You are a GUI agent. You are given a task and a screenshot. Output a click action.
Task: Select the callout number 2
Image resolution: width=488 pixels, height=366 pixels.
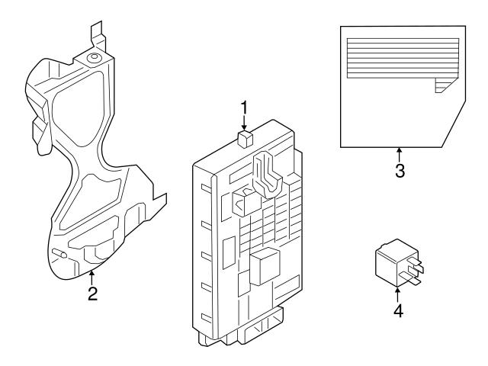click(92, 294)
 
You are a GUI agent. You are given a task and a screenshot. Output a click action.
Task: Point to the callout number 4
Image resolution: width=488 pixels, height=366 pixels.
click(396, 311)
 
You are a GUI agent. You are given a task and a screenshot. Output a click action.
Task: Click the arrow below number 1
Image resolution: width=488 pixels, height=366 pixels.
click(244, 124)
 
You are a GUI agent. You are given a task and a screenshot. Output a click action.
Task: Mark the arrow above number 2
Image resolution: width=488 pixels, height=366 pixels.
click(92, 276)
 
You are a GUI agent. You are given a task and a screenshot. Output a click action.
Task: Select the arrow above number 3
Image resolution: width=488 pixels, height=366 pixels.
click(400, 152)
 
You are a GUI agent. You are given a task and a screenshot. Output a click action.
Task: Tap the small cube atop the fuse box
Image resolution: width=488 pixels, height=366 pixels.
click(245, 138)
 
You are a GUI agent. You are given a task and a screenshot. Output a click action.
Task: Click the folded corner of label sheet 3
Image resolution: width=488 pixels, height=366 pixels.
click(443, 85)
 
